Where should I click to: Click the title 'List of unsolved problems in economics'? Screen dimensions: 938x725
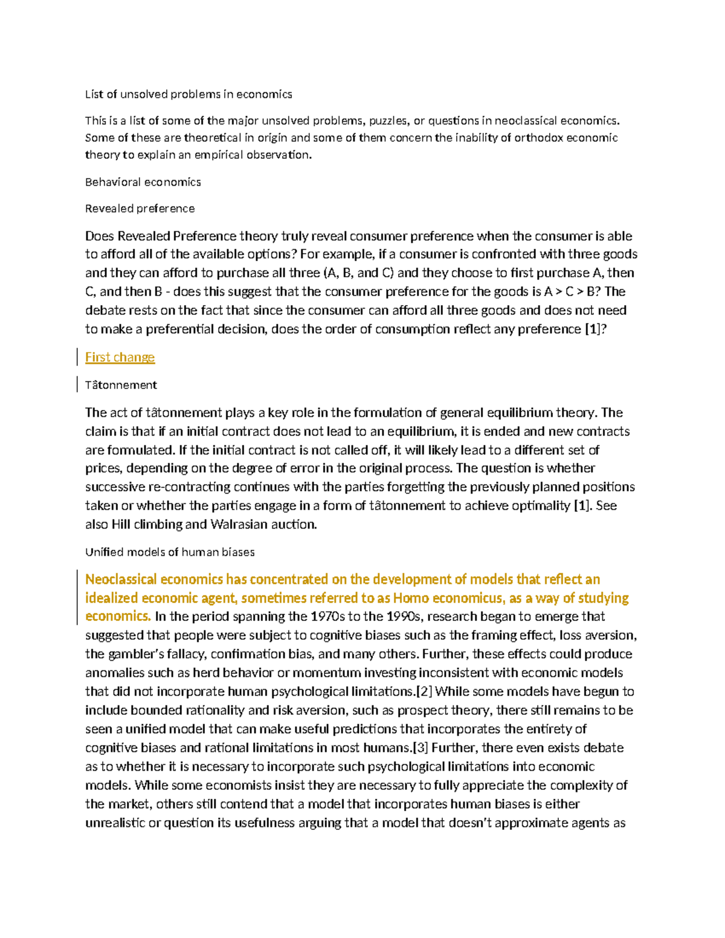tap(188, 94)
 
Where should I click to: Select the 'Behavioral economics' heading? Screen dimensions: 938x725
tap(143, 182)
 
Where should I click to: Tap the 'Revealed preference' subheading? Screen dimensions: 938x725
tap(140, 208)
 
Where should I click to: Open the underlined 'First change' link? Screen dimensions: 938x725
tap(120, 358)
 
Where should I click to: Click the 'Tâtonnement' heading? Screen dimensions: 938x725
tap(121, 385)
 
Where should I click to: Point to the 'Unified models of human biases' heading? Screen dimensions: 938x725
tap(170, 552)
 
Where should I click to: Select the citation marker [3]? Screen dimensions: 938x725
tap(420, 748)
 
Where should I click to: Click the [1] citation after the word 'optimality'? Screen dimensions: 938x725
tap(582, 506)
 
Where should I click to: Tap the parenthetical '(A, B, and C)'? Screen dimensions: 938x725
tap(359, 273)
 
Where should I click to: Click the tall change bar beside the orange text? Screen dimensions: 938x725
tap(77, 597)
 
